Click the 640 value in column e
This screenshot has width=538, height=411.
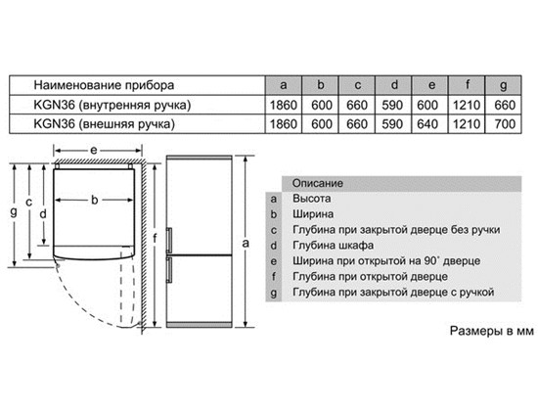pyautogui.click(x=427, y=124)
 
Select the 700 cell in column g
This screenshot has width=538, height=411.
pyautogui.click(x=505, y=124)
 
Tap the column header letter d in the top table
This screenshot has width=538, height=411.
pyautogui.click(x=394, y=84)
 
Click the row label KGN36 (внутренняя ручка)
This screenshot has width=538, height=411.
pyautogui.click(x=112, y=105)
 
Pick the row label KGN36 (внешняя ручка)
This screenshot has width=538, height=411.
pyautogui.click(x=105, y=124)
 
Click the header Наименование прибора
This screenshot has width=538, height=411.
pyautogui.click(x=104, y=85)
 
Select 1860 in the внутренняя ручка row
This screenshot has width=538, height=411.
pyautogui.click(x=284, y=105)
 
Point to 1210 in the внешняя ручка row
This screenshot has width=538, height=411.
pyautogui.click(x=467, y=124)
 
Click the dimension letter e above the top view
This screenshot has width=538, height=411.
pyautogui.click(x=93, y=150)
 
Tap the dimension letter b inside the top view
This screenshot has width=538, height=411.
pyautogui.click(x=94, y=200)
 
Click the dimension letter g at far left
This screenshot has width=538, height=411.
pyautogui.click(x=14, y=211)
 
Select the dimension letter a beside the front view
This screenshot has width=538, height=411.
pyautogui.click(x=246, y=243)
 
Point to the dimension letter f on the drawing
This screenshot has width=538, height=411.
pyautogui.click(x=155, y=238)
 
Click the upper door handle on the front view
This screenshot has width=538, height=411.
pyautogui.click(x=169, y=240)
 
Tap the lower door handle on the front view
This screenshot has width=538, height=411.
pyautogui.click(x=169, y=270)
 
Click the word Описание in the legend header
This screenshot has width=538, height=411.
pyautogui.click(x=317, y=183)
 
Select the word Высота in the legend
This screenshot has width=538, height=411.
pyautogui.click(x=311, y=199)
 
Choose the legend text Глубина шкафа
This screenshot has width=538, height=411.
pyautogui.click(x=333, y=246)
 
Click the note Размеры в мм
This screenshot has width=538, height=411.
pyautogui.click(x=492, y=331)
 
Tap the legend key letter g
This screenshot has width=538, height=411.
pyautogui.click(x=274, y=294)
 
